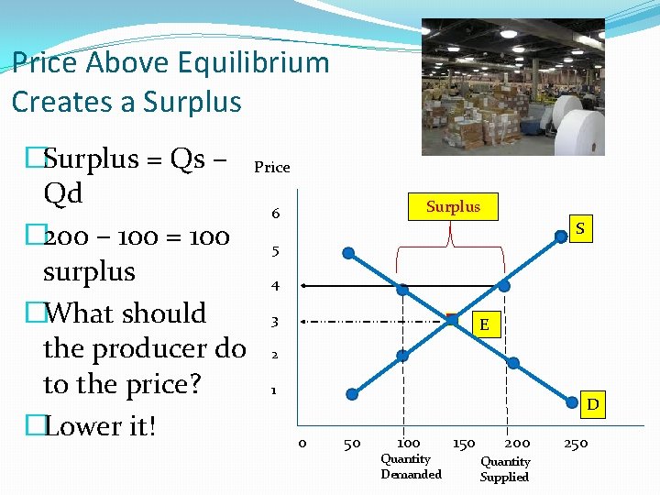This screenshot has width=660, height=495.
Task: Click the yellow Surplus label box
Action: (453, 206)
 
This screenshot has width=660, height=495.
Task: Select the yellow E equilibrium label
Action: (483, 325)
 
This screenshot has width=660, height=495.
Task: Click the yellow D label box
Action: (593, 403)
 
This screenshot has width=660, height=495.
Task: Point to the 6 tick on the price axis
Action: (275, 214)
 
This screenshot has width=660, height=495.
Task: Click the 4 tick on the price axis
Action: (275, 286)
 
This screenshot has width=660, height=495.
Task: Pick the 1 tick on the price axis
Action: (273, 390)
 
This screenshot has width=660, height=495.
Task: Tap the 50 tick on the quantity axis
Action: (351, 445)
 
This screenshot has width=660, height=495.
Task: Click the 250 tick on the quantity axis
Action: (576, 444)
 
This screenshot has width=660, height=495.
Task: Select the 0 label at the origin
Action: (302, 445)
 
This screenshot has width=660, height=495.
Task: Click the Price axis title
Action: (271, 167)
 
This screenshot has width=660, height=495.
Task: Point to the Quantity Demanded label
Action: (411, 467)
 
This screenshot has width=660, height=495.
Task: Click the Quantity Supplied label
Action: (505, 469)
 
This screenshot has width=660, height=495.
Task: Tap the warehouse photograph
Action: (512, 87)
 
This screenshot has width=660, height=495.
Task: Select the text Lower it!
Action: (100, 426)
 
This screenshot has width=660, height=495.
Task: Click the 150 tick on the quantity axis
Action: (464, 444)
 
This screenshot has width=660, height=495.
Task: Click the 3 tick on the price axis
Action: (274, 322)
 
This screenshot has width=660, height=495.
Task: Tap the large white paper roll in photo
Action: (577, 127)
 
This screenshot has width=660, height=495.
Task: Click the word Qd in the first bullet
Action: (62, 193)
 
